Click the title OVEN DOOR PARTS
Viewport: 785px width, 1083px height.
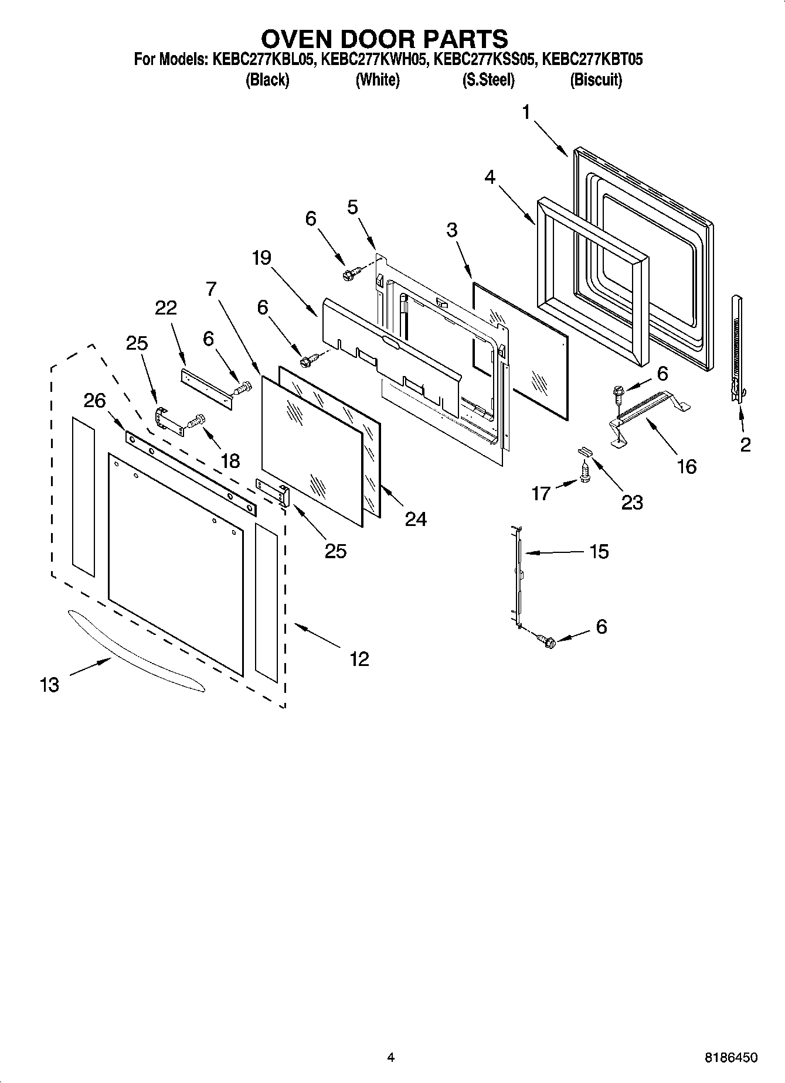(385, 39)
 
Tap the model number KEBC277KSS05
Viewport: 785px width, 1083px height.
(484, 60)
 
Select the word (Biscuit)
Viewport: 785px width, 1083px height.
(596, 80)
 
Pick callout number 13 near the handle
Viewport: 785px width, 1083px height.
(50, 684)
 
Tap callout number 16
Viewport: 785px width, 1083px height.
(687, 466)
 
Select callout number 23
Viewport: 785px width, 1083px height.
(631, 502)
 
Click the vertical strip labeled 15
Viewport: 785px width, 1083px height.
(518, 577)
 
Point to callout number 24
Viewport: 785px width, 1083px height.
(416, 519)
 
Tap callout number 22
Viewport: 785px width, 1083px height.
(165, 308)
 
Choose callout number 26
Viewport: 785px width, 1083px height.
(94, 401)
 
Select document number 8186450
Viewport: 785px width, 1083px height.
(730, 1058)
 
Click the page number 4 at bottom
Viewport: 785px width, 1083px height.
(390, 1057)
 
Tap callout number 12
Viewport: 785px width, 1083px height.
(359, 659)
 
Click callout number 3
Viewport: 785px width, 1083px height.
(451, 230)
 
